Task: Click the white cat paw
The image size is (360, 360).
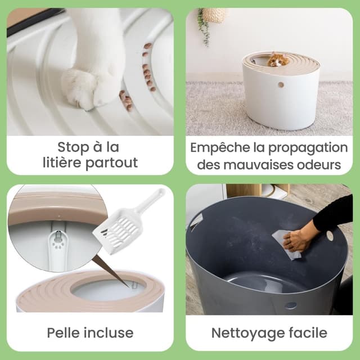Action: click(90, 84)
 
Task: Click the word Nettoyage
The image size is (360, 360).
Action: click(245, 332)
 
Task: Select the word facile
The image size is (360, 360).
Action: click(307, 332)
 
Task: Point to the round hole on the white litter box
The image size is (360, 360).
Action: click(280, 84)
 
